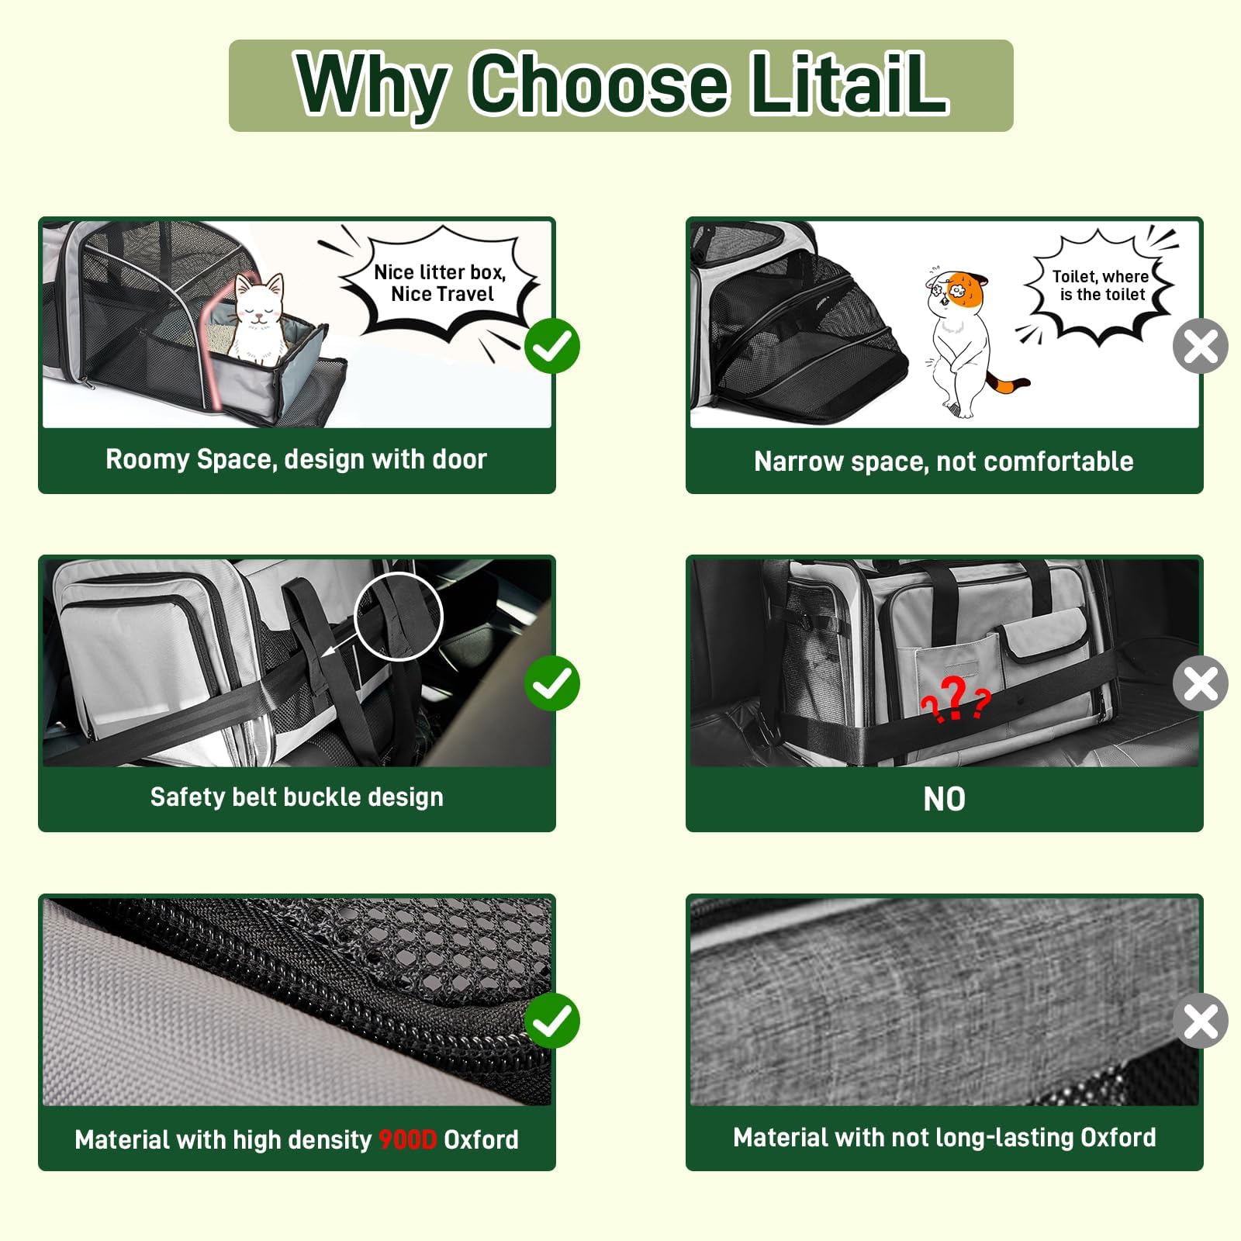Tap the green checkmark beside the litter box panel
[552, 346]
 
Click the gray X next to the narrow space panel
[1200, 346]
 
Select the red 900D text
[408, 1139]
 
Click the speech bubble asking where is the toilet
[1101, 285]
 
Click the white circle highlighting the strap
[398, 617]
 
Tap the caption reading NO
[944, 799]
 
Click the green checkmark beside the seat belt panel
[552, 683]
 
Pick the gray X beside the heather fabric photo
[1200, 1021]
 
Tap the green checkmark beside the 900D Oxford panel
[552, 1021]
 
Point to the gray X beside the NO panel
[1200, 683]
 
